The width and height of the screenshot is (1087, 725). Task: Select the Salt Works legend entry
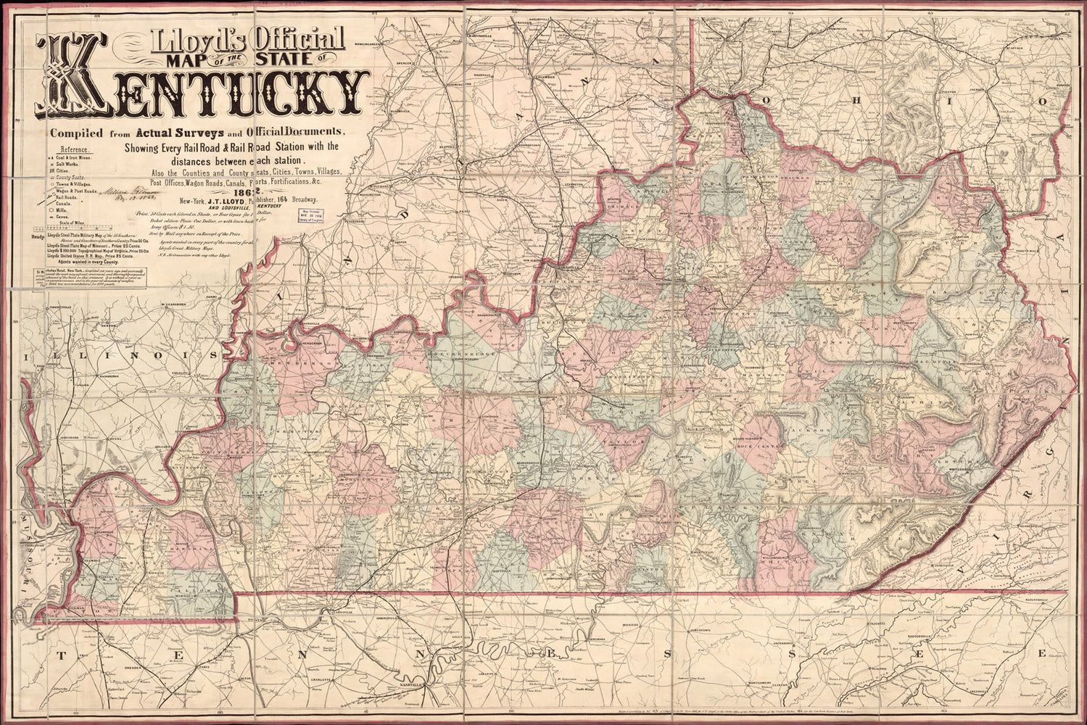[70, 166]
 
